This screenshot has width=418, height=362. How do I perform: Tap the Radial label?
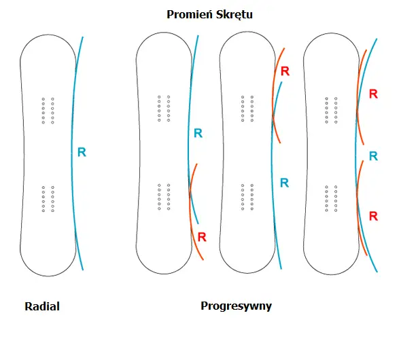[x=42, y=306]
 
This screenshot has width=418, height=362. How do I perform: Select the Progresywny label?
[x=236, y=306]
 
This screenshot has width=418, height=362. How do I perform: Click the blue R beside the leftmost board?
[x=82, y=153]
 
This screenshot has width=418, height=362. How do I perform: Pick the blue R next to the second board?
[x=198, y=133]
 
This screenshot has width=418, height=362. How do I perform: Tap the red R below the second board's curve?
[x=202, y=237]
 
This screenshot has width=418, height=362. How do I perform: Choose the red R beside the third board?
[x=285, y=71]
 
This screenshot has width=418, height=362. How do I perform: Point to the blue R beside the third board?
[x=285, y=183]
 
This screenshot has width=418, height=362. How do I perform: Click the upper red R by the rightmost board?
[x=372, y=94]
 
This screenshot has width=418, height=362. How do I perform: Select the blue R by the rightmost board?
[x=372, y=156]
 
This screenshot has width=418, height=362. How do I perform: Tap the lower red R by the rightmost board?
[x=372, y=216]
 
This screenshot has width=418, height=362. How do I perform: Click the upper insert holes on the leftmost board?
[x=48, y=110]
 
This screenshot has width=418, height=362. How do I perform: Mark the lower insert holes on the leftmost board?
[x=48, y=198]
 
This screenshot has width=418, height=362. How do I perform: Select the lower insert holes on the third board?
[x=247, y=197]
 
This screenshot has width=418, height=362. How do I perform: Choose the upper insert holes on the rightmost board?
[x=331, y=109]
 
